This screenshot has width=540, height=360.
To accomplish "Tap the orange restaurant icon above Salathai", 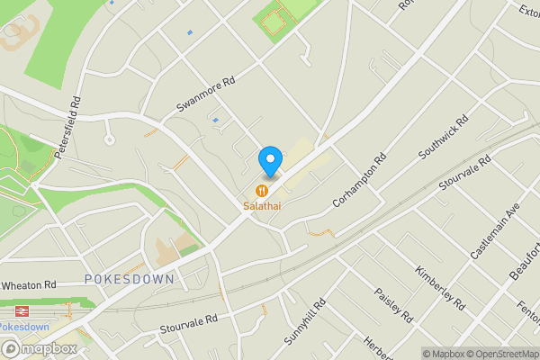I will [x=261, y=191].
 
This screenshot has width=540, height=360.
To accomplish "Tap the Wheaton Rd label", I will [x=29, y=285].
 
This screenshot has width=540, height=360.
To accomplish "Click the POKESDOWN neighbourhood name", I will [x=129, y=280].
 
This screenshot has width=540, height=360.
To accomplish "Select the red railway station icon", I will [x=17, y=308].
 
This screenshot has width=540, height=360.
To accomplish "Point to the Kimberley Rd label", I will [x=438, y=285].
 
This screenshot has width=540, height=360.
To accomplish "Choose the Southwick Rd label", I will [x=444, y=138].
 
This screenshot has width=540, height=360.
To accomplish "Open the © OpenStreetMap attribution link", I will [x=499, y=354].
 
